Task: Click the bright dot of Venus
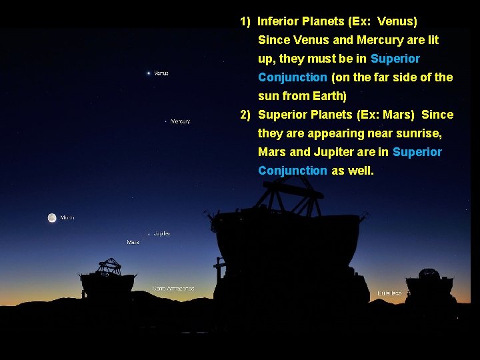(x=148, y=73)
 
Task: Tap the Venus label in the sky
(x=161, y=73)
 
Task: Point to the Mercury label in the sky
(x=181, y=121)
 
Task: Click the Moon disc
(x=51, y=217)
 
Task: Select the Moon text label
(x=67, y=218)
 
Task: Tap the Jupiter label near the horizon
(x=162, y=233)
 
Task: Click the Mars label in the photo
(x=133, y=242)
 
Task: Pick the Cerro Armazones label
(x=173, y=289)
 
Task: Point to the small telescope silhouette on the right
(x=430, y=285)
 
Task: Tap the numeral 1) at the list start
(x=245, y=21)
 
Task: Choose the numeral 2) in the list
(x=245, y=115)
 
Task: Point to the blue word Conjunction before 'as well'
(x=292, y=171)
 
